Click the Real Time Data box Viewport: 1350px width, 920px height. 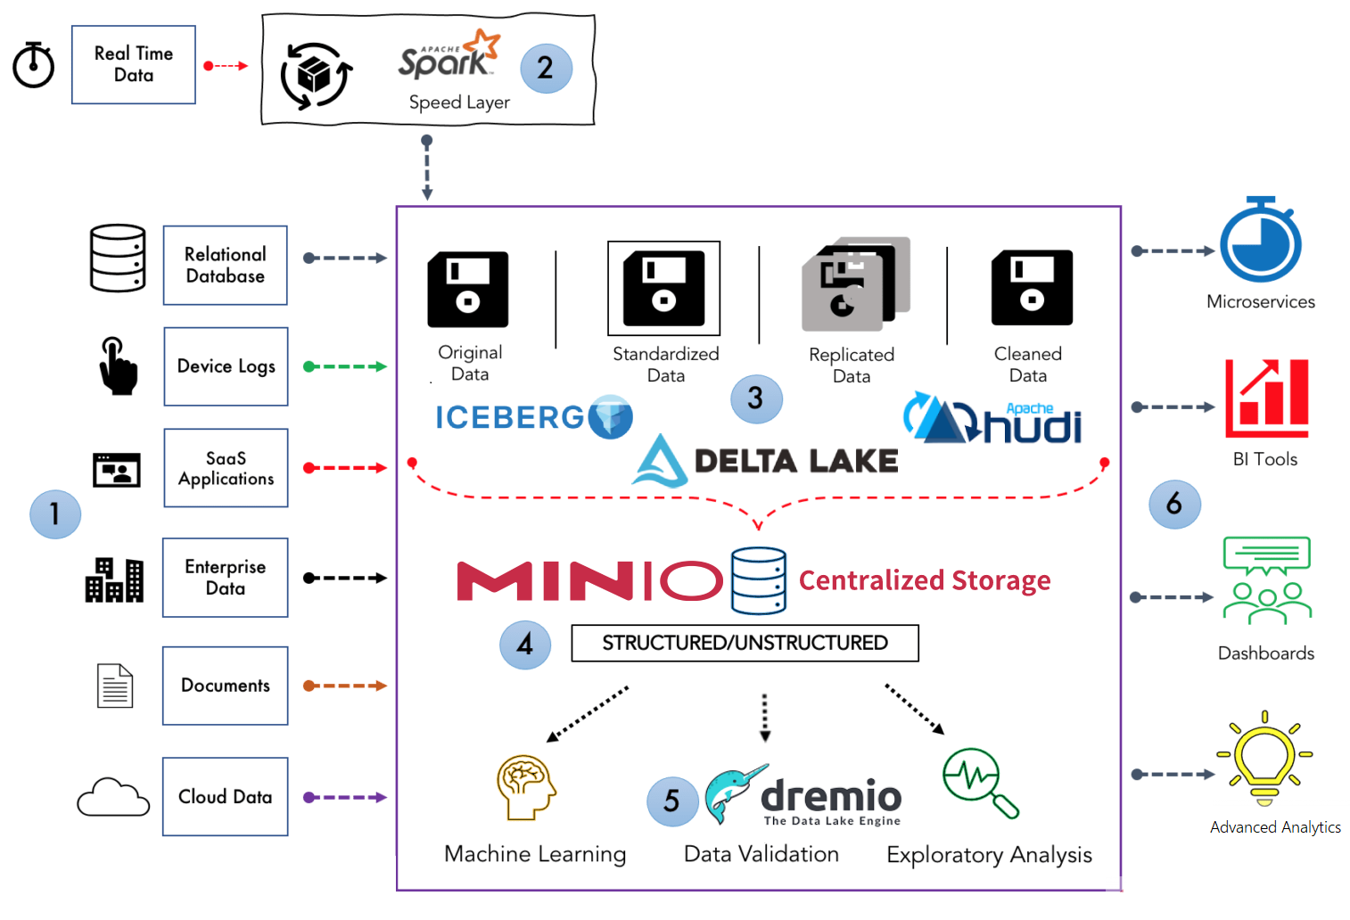(134, 64)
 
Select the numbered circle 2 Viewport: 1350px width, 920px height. (546, 68)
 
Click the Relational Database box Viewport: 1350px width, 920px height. (225, 265)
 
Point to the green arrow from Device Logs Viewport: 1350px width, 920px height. (345, 366)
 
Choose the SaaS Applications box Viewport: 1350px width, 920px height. (226, 468)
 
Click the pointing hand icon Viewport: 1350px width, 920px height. (117, 366)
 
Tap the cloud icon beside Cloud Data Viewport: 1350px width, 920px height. (113, 797)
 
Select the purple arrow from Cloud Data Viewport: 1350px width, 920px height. (345, 797)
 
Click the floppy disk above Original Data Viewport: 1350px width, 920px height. (468, 289)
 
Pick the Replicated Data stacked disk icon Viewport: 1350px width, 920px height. (855, 283)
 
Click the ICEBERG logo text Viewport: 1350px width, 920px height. (509, 417)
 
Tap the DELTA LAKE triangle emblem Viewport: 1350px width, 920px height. (660, 460)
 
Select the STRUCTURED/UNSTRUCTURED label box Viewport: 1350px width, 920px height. (745, 643)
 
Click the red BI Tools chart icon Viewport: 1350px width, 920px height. (1266, 398)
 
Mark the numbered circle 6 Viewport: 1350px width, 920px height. (1174, 504)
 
